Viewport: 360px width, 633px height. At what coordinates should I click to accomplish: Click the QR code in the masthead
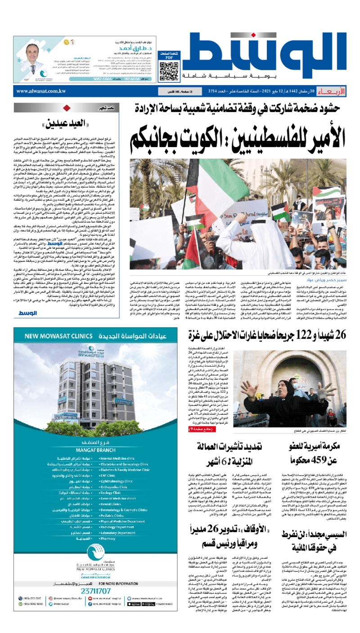[166, 70]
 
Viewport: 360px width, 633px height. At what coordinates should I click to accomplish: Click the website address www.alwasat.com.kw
[41, 91]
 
